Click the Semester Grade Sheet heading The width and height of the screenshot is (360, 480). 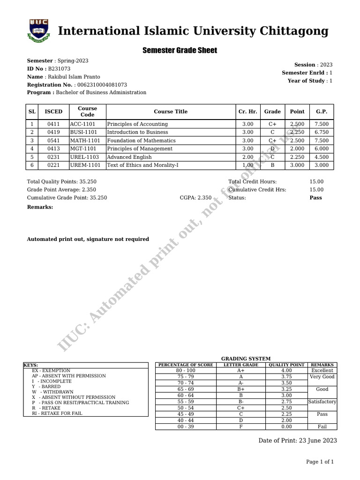click(180, 50)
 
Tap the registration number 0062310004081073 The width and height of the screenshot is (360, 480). click(102, 85)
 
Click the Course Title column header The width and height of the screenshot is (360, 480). click(171, 112)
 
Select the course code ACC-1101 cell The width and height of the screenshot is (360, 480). click(83, 124)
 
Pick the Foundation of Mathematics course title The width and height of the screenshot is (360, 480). click(141, 141)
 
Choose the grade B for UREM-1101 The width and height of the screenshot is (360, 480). click(272, 165)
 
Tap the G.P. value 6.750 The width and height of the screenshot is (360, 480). click(322, 132)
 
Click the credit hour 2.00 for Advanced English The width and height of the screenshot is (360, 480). click(247, 157)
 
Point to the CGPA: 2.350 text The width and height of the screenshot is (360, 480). click(195, 198)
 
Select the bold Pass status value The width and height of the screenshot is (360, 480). click(315, 198)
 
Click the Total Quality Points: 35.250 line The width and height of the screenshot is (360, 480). click(62, 181)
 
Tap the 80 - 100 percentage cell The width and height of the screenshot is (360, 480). click(186, 370)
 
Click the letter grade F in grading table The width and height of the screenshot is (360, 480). click(241, 427)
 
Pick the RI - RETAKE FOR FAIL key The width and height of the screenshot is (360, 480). click(57, 414)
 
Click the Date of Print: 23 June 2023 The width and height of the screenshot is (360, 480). click(298, 441)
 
